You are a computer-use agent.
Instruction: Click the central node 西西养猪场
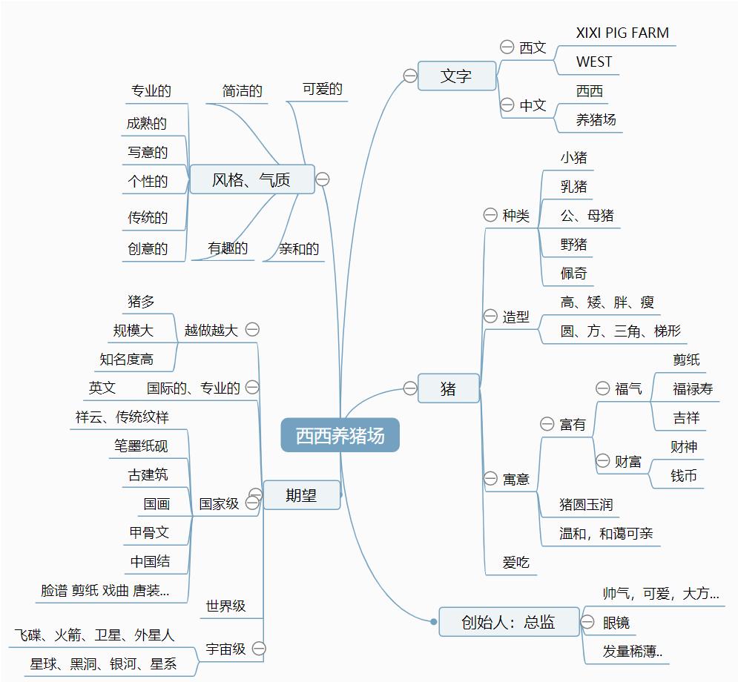pyautogui.click(x=340, y=435)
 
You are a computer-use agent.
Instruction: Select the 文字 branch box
pyautogui.click(x=456, y=76)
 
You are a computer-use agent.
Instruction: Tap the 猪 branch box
pyautogui.click(x=448, y=388)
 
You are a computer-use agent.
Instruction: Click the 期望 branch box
pyautogui.click(x=301, y=495)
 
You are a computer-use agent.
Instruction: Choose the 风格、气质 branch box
pyautogui.click(x=251, y=179)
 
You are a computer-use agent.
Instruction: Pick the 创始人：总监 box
pyautogui.click(x=508, y=622)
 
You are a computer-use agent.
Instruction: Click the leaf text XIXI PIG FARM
pyautogui.click(x=622, y=33)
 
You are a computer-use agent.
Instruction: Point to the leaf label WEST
pyautogui.click(x=594, y=62)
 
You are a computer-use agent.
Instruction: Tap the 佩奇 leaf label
pyautogui.click(x=574, y=274)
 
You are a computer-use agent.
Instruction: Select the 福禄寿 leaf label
pyautogui.click(x=693, y=388)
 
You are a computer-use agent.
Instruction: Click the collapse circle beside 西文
pyautogui.click(x=507, y=47)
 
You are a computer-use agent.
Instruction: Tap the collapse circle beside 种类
pyautogui.click(x=490, y=215)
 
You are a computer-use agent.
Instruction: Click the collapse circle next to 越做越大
pyautogui.click(x=253, y=329)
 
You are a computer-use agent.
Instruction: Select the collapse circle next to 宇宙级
pyautogui.click(x=259, y=649)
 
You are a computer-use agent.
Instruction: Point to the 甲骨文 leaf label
pyautogui.click(x=149, y=532)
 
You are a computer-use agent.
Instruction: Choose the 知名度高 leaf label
pyautogui.click(x=127, y=360)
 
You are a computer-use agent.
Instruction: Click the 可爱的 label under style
pyautogui.click(x=322, y=90)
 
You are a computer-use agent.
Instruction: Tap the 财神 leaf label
pyautogui.click(x=684, y=446)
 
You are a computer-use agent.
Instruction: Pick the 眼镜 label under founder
pyautogui.click(x=616, y=623)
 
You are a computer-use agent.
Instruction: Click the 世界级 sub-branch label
pyautogui.click(x=225, y=606)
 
